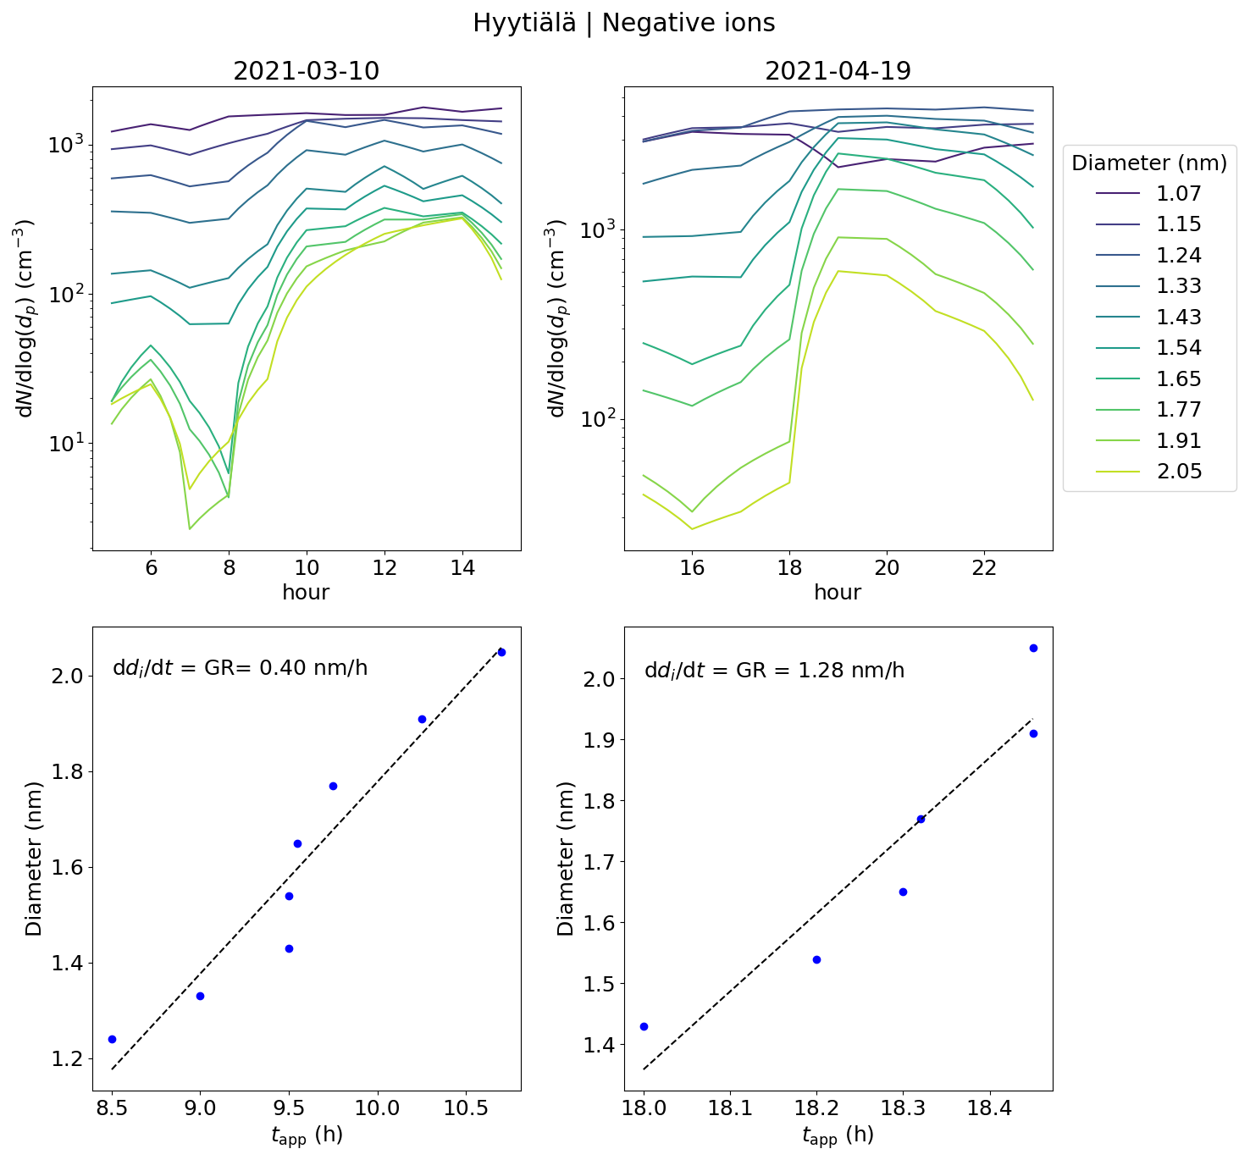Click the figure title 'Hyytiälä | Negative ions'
click(x=624, y=23)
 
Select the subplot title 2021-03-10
click(x=306, y=71)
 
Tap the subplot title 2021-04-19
click(x=838, y=71)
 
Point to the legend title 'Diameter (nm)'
click(x=1149, y=163)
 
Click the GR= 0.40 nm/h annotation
click(x=241, y=668)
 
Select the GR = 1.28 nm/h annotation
click(x=774, y=671)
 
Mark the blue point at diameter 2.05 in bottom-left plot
click(x=501, y=652)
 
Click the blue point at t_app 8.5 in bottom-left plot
click(x=112, y=1039)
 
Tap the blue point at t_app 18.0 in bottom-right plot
click(x=644, y=1026)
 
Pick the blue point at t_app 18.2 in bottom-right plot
click(x=816, y=959)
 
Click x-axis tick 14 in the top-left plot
click(x=462, y=568)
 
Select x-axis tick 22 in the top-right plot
click(x=984, y=568)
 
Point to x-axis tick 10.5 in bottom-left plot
click(x=466, y=1108)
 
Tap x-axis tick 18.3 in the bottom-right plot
click(x=903, y=1108)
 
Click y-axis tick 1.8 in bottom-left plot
click(x=69, y=772)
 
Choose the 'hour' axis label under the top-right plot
click(x=838, y=593)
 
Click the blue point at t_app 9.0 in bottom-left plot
click(x=200, y=996)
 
